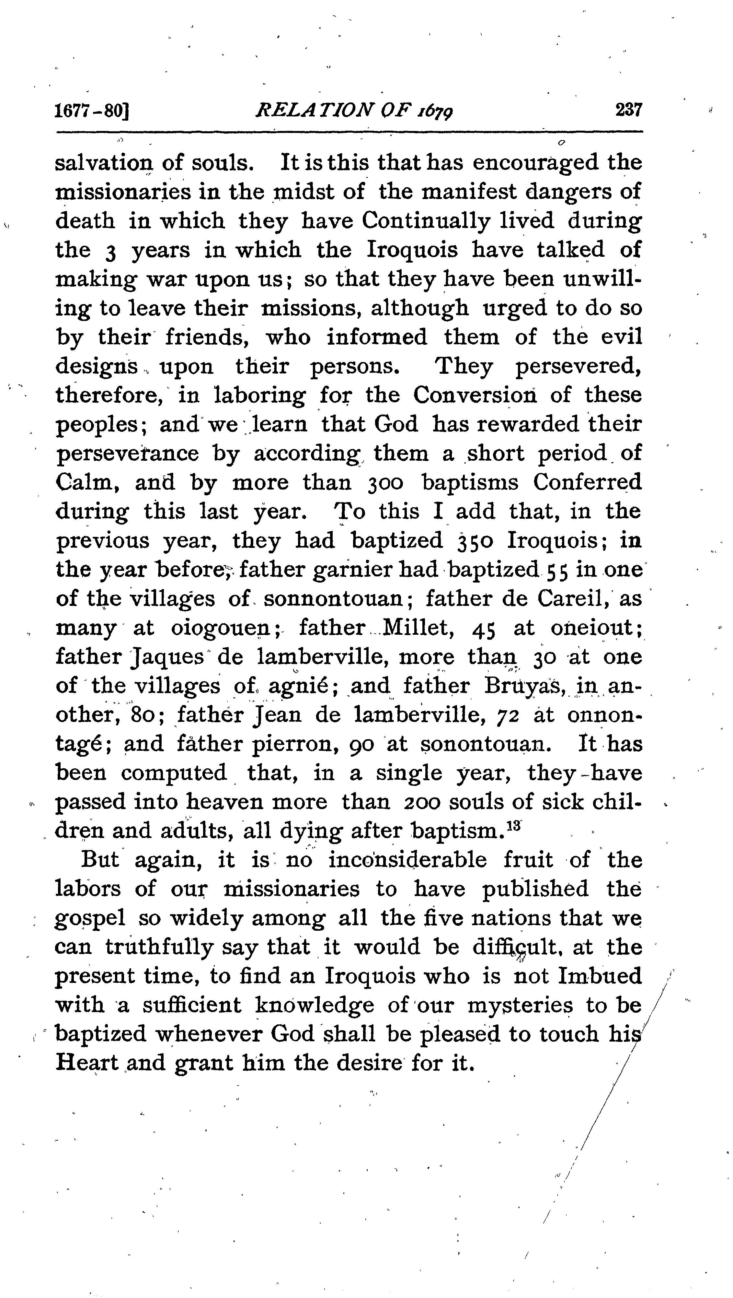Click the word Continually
point(425,221)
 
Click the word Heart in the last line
point(86,1064)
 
